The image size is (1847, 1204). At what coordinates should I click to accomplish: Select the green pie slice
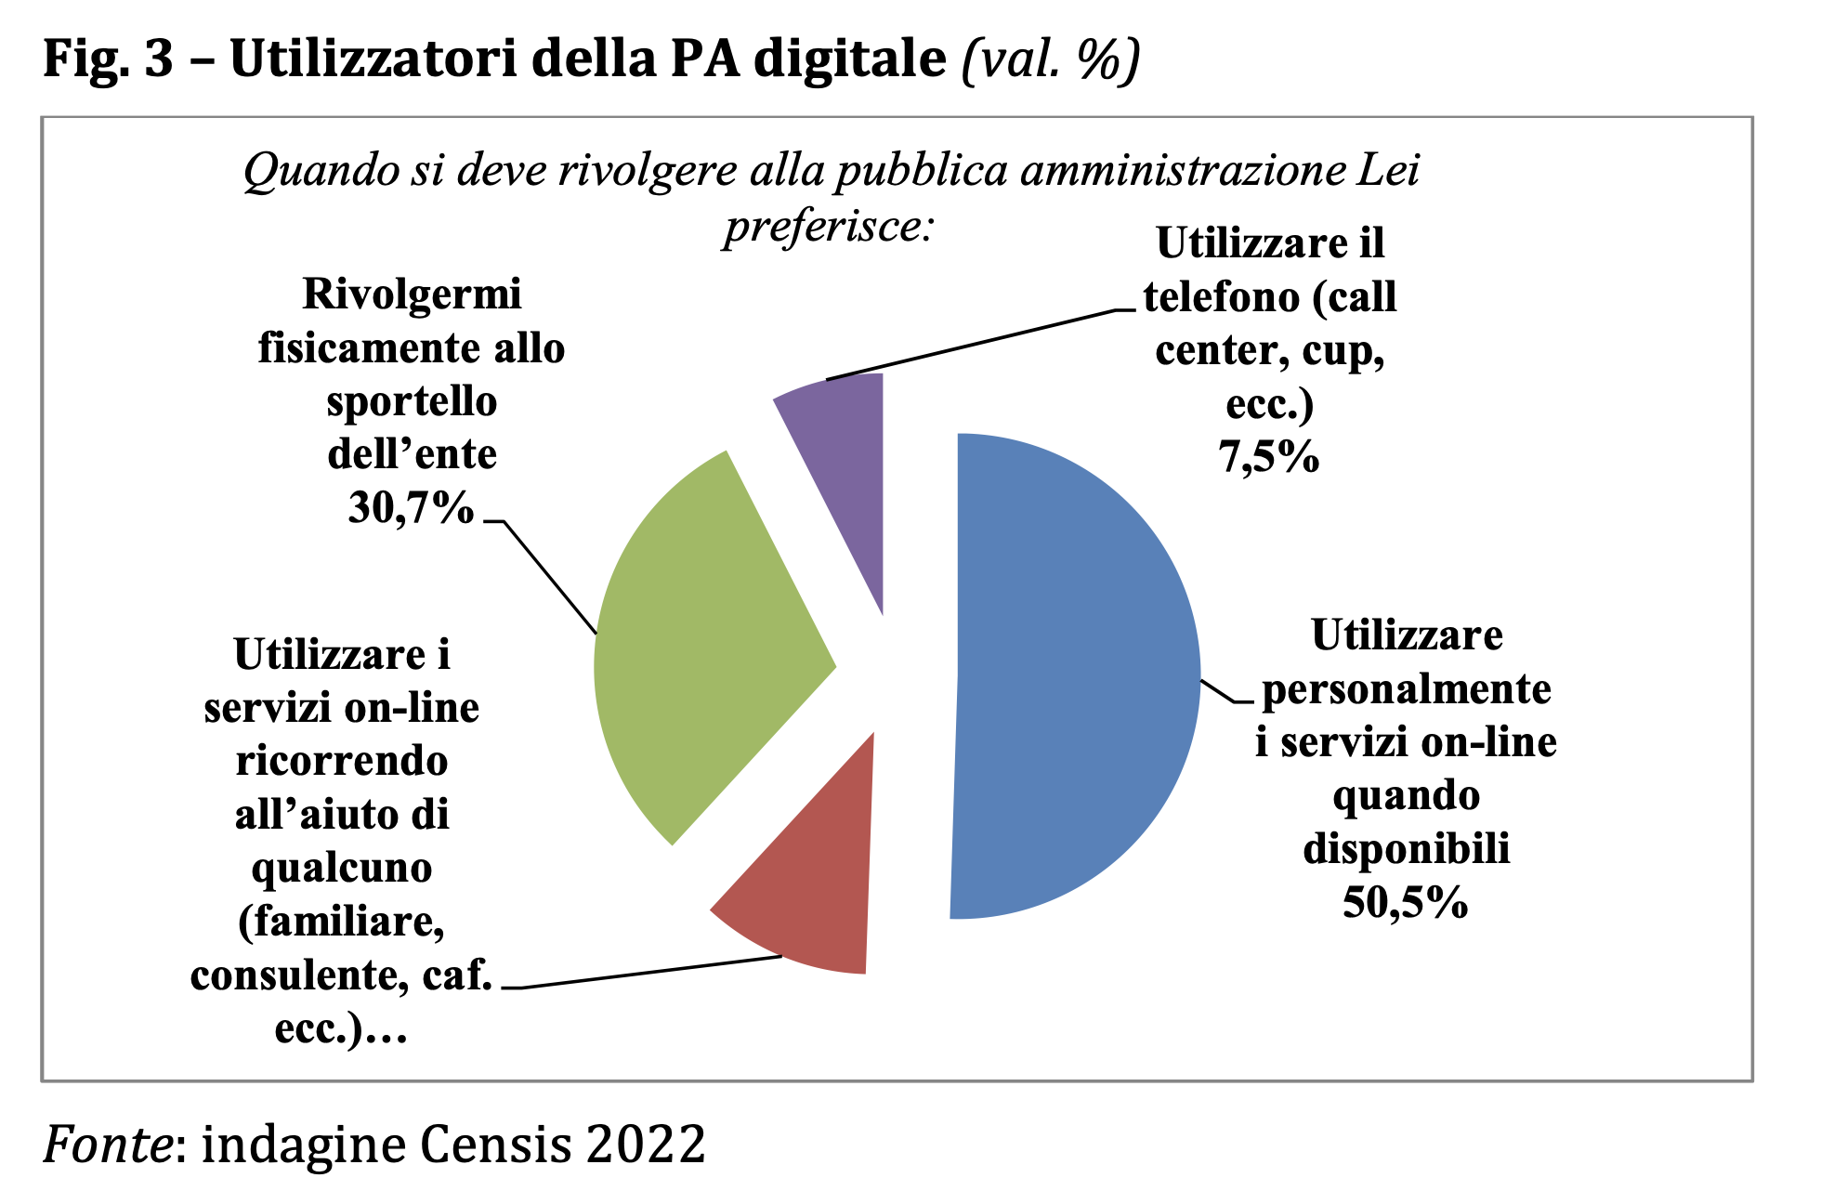point(706,650)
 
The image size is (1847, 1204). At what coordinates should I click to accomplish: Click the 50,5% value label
point(1405,902)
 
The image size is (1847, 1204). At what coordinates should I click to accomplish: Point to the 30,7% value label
point(411,508)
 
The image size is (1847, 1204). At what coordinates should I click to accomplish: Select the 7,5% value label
point(1268,457)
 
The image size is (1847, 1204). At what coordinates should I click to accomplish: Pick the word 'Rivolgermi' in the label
point(412,294)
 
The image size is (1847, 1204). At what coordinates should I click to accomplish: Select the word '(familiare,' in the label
point(342,922)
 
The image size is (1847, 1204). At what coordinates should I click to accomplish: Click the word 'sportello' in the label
point(412,401)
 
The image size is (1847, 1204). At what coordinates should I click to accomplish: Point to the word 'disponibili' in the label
point(1406,849)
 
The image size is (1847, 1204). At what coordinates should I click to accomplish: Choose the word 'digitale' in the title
point(849,59)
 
